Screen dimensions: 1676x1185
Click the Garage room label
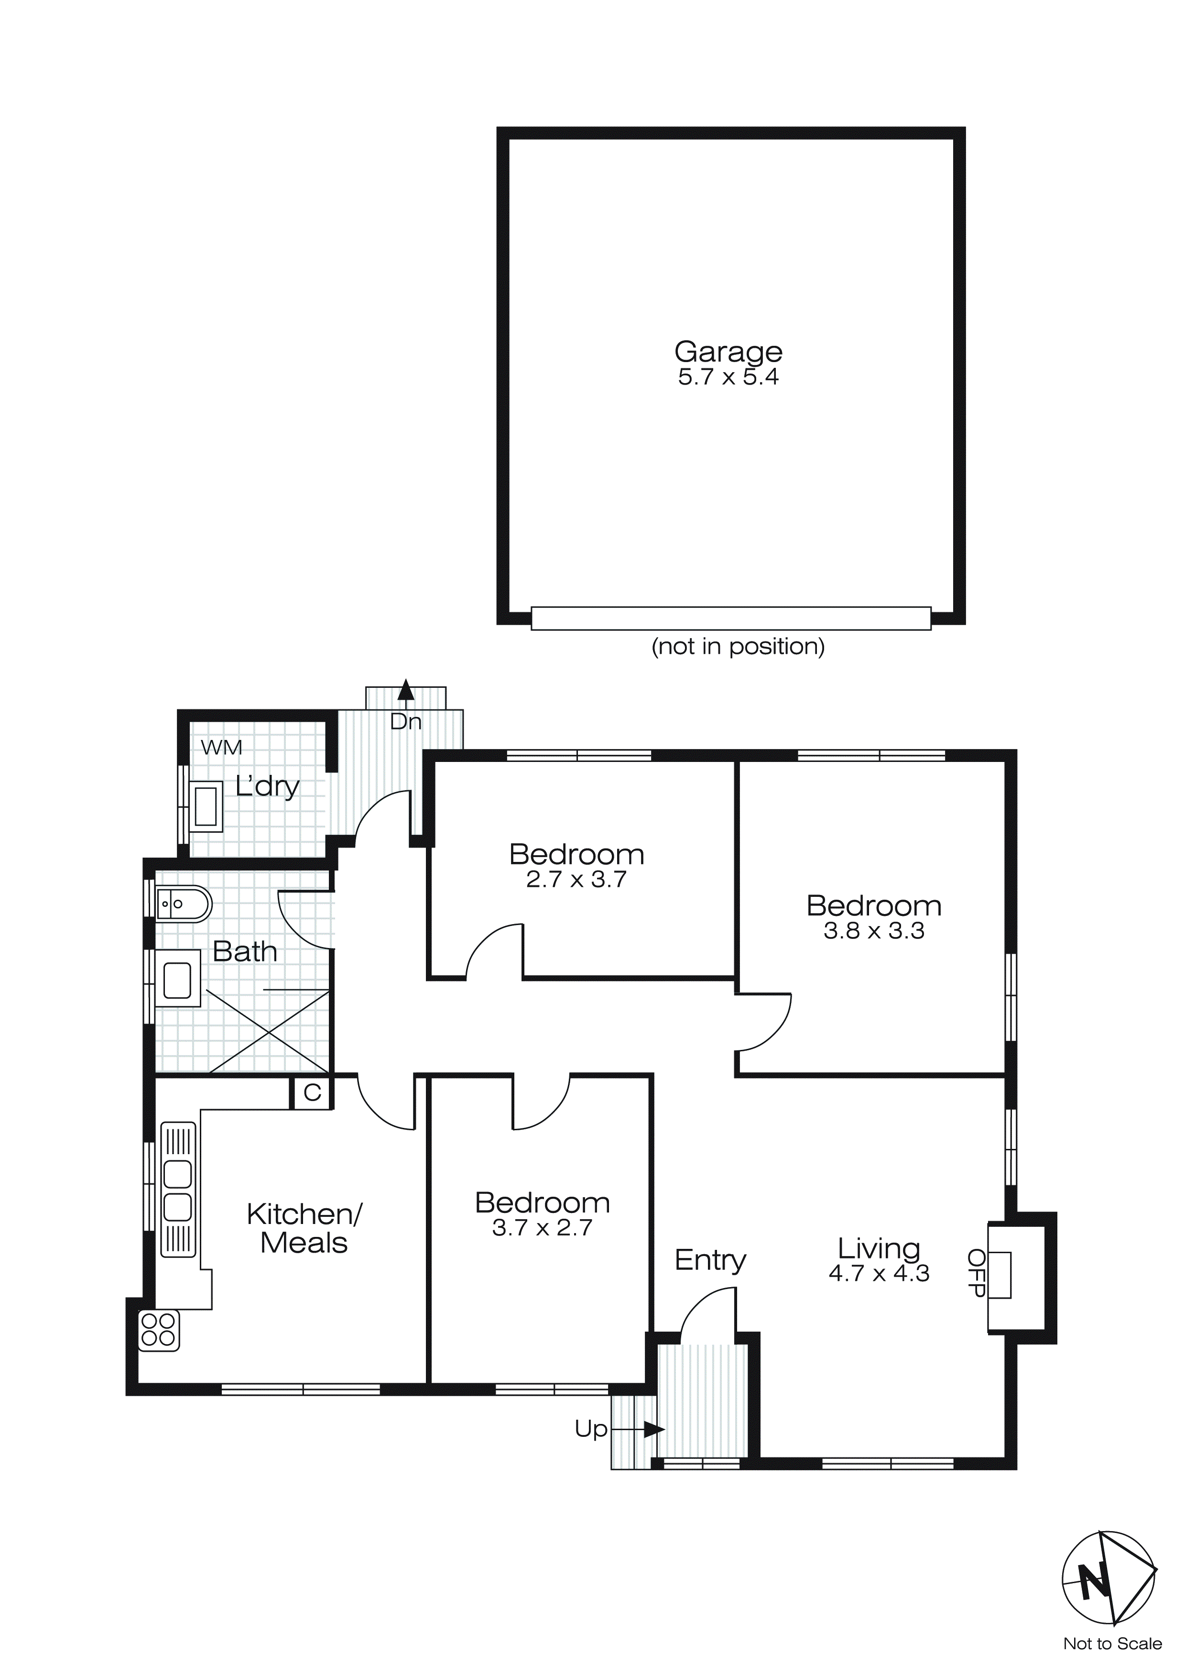coord(728,352)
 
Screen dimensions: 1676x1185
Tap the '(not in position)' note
coord(738,646)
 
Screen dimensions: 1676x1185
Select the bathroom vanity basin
coord(177,980)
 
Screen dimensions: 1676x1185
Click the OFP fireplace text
coord(976,1272)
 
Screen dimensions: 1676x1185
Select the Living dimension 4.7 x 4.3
coord(879,1274)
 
